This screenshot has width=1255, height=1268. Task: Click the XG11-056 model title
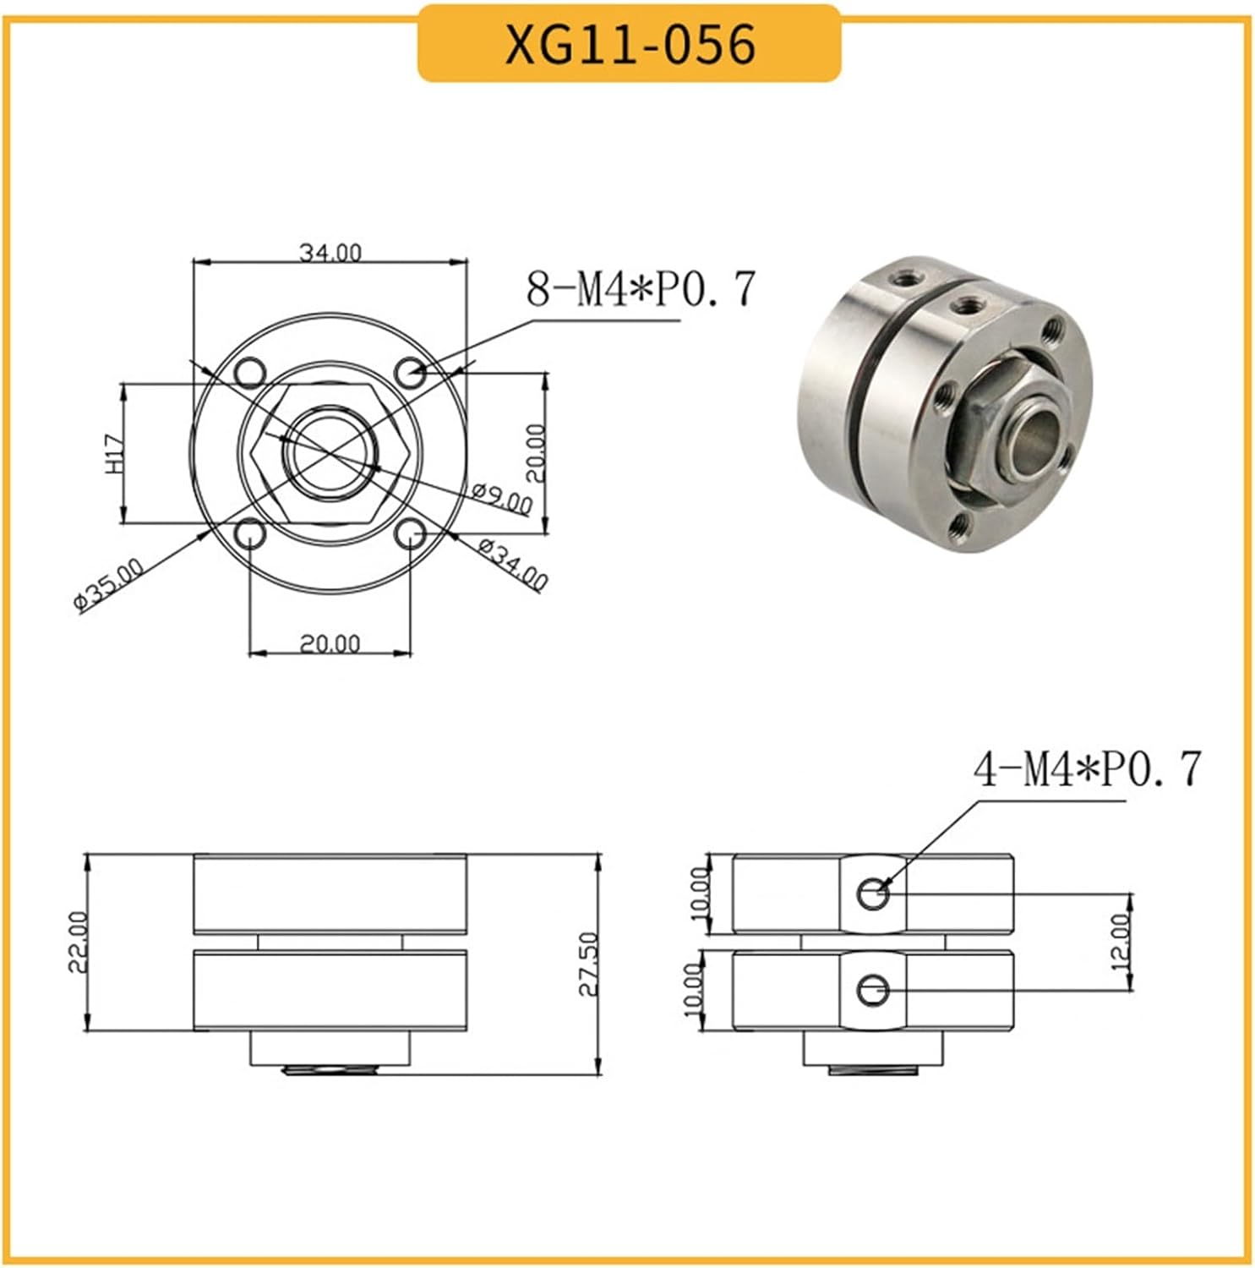tap(630, 44)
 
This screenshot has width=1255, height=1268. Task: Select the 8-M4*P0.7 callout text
tap(640, 289)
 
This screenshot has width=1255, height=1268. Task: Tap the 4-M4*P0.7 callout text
tap(1087, 770)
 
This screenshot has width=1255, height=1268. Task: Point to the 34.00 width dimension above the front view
tap(330, 252)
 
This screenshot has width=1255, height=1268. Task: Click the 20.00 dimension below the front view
tap(330, 643)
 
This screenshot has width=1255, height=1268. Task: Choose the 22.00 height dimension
tap(77, 942)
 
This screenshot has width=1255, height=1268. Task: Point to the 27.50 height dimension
tap(588, 964)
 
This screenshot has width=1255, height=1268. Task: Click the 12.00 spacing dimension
tap(1120, 940)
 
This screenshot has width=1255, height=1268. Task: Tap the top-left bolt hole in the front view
tap(251, 371)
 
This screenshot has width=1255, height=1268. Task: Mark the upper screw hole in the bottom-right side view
tap(873, 894)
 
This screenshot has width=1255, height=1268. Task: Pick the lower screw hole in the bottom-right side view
tap(872, 990)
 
